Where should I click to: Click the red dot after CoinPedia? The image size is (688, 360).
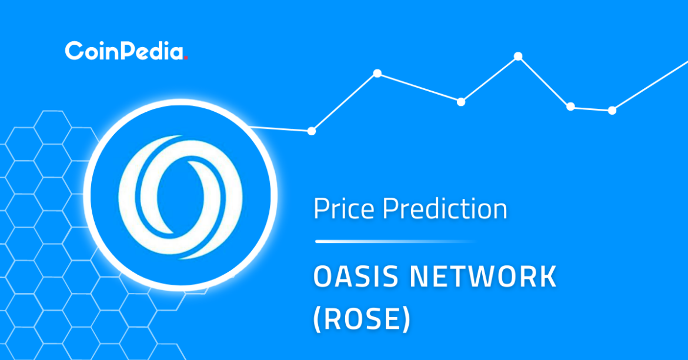pyautogui.click(x=186, y=58)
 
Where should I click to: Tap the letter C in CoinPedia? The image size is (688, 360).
pyautogui.click(x=74, y=51)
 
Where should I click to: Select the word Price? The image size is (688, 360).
pyautogui.click(x=343, y=208)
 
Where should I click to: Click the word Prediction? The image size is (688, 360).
pyautogui.click(x=445, y=208)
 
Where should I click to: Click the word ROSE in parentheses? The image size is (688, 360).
pyautogui.click(x=362, y=318)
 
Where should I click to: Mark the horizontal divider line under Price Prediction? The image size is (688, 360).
pyautogui.click(x=396, y=241)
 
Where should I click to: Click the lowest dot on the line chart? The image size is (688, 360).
pyautogui.click(x=312, y=131)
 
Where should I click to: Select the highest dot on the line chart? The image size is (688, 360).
pyautogui.click(x=518, y=56)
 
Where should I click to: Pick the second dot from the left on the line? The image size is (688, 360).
pyautogui.click(x=378, y=74)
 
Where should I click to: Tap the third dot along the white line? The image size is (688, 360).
pyautogui.click(x=460, y=102)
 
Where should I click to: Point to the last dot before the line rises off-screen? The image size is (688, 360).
pyautogui.click(x=612, y=110)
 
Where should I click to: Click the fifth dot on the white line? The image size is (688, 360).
pyautogui.click(x=570, y=106)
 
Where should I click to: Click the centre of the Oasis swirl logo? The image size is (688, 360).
pyautogui.click(x=181, y=196)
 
